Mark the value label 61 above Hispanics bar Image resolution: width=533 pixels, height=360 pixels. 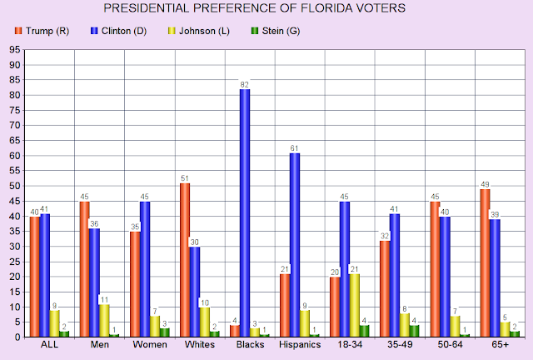coord(295,147)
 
